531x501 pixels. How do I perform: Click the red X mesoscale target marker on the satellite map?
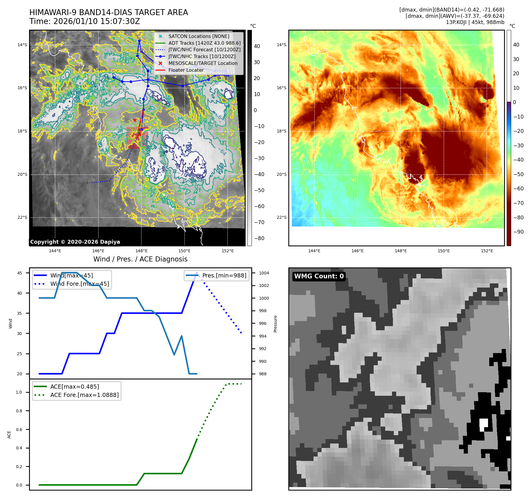click(x=135, y=120)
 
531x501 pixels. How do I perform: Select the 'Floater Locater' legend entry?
click(x=186, y=70)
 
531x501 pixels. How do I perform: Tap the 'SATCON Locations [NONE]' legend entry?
click(x=199, y=36)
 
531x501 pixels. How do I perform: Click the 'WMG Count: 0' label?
click(x=319, y=276)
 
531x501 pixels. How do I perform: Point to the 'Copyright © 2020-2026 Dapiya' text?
click(x=75, y=242)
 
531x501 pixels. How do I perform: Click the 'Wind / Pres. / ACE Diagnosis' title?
click(x=140, y=259)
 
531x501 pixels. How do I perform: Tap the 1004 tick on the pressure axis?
click(x=264, y=273)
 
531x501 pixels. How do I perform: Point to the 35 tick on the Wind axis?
click(x=20, y=313)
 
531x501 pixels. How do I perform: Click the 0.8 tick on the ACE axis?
click(x=19, y=411)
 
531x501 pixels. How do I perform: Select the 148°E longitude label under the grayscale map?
click(x=141, y=251)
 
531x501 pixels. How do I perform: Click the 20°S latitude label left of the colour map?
click(x=282, y=174)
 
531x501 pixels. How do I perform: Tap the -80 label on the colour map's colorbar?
click(x=518, y=217)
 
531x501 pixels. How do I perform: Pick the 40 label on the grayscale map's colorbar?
click(x=257, y=46)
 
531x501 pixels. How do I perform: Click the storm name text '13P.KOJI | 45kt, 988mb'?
click(x=475, y=22)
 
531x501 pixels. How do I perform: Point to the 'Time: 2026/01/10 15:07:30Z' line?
click(x=84, y=21)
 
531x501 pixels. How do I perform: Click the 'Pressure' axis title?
click(x=275, y=324)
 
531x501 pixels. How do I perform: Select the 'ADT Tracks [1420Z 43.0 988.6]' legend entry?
click(x=204, y=43)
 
